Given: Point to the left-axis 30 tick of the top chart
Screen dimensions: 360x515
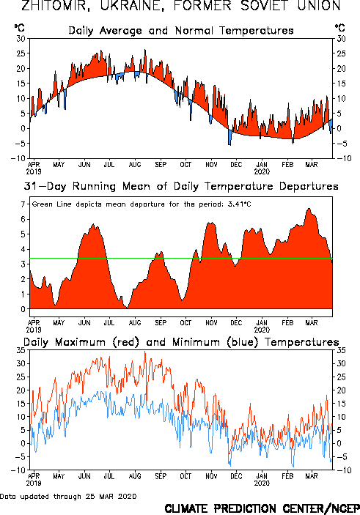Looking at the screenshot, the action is (21, 39).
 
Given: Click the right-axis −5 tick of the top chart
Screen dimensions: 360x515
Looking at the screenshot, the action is (341, 144).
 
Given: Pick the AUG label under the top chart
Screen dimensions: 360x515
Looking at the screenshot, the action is (134, 164).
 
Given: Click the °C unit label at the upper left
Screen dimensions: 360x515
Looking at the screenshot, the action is (19, 28).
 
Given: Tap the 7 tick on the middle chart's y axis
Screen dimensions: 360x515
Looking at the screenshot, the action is (23, 204).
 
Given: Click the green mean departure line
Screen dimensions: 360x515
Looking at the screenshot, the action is (181, 259).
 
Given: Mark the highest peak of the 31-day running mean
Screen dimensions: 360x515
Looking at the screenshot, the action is (309, 208).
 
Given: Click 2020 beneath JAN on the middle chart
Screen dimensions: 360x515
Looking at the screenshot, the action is (262, 330).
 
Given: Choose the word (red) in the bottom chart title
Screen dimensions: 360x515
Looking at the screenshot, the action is (125, 342).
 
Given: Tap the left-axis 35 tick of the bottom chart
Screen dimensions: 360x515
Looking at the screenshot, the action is (21, 350).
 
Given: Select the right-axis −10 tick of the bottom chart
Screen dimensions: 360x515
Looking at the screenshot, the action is (341, 470).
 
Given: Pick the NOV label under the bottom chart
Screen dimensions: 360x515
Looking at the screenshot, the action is (211, 476).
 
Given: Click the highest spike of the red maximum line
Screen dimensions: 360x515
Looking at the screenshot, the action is (145, 352).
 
